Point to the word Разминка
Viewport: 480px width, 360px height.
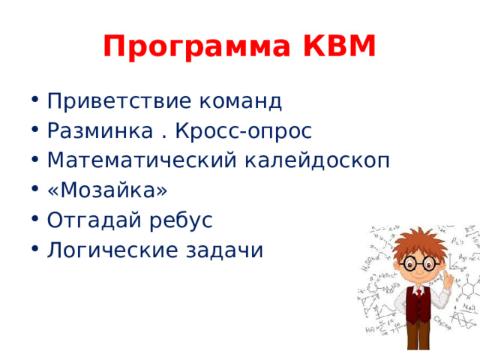coord(98,130)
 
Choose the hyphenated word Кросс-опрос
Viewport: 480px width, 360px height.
coord(243,130)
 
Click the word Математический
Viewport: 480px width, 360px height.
coord(139,160)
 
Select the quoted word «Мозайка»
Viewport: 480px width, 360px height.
coord(106,190)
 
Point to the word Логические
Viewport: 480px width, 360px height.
coord(110,250)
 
